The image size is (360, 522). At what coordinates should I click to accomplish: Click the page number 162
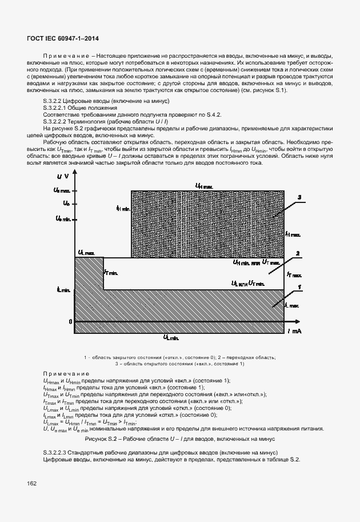pyautogui.click(x=32, y=483)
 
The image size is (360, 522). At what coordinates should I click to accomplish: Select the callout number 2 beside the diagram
pyautogui.click(x=298, y=253)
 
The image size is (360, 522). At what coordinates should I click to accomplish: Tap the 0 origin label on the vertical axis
pyautogui.click(x=70, y=322)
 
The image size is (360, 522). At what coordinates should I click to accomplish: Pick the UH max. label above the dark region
pyautogui.click(x=204, y=186)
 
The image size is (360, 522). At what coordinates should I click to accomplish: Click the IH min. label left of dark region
pyautogui.click(x=123, y=209)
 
